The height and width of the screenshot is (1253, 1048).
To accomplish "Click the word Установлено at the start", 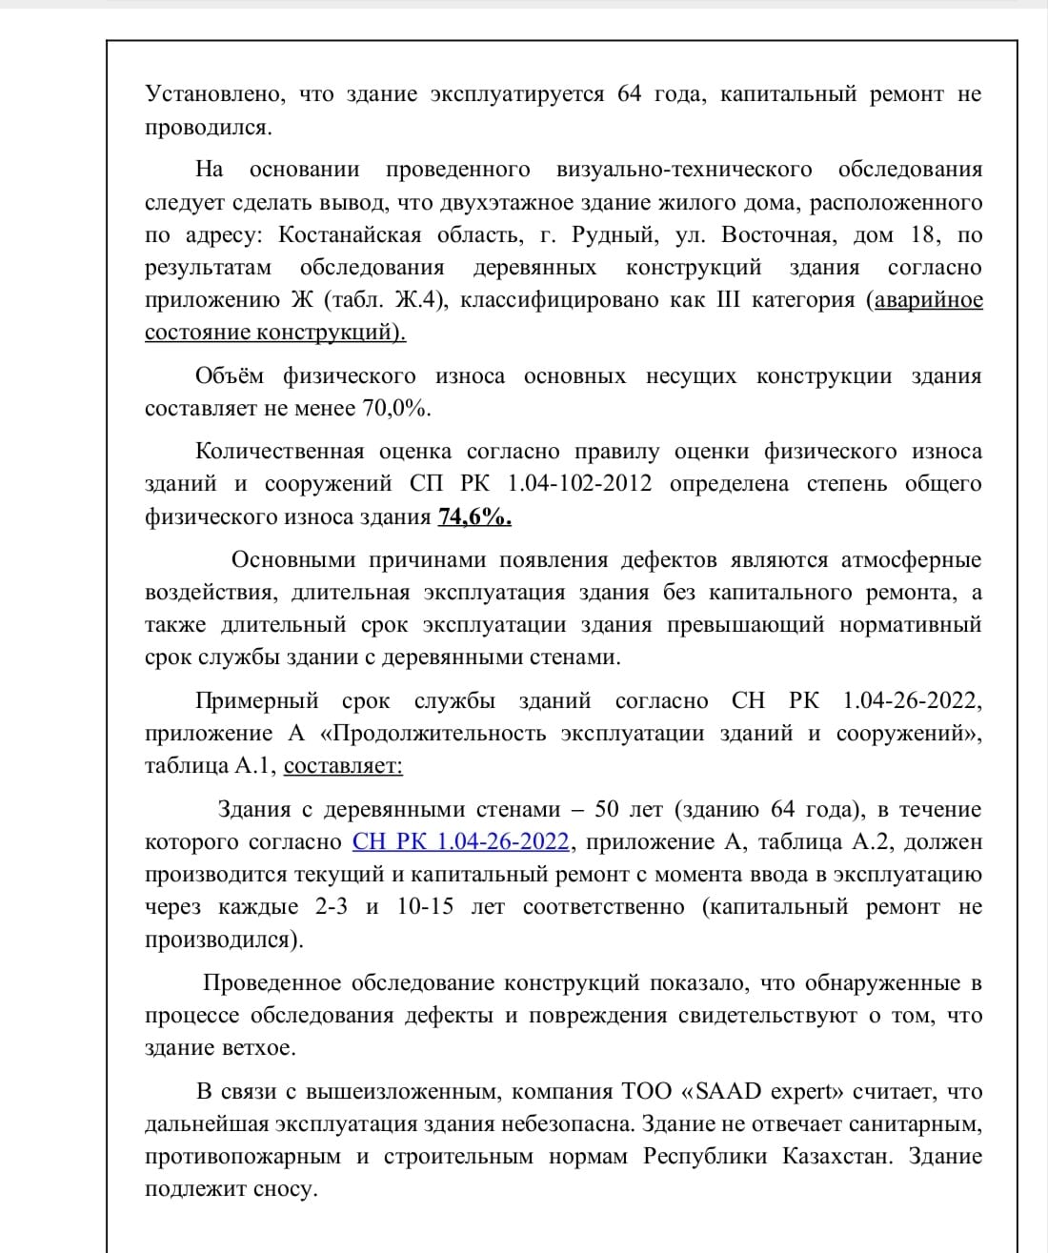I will coord(214,95).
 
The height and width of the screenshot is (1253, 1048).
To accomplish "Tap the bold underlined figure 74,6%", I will coord(474,517).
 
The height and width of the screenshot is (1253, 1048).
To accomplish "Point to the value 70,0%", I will coord(396,409).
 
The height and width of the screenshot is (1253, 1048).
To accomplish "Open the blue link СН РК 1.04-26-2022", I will coord(461,842).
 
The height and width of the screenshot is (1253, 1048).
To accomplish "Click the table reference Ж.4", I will coord(417,300).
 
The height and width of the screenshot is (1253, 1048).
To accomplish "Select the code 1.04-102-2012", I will coord(579,484).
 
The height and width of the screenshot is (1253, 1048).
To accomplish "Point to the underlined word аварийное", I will coord(929,300).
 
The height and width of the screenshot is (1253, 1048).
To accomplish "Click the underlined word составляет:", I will coord(343,766).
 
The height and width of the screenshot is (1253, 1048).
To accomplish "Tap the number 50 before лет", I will coord(607,810).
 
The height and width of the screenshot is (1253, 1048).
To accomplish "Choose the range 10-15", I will coord(425,907).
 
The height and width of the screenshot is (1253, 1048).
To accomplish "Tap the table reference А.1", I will coord(254,766).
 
